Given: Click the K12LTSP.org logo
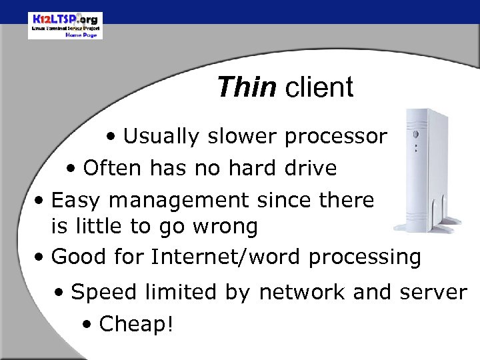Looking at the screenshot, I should point(65,25).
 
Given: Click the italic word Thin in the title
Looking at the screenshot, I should point(246,87).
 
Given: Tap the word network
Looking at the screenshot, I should point(298,292).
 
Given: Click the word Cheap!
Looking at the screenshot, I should point(135,325).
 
